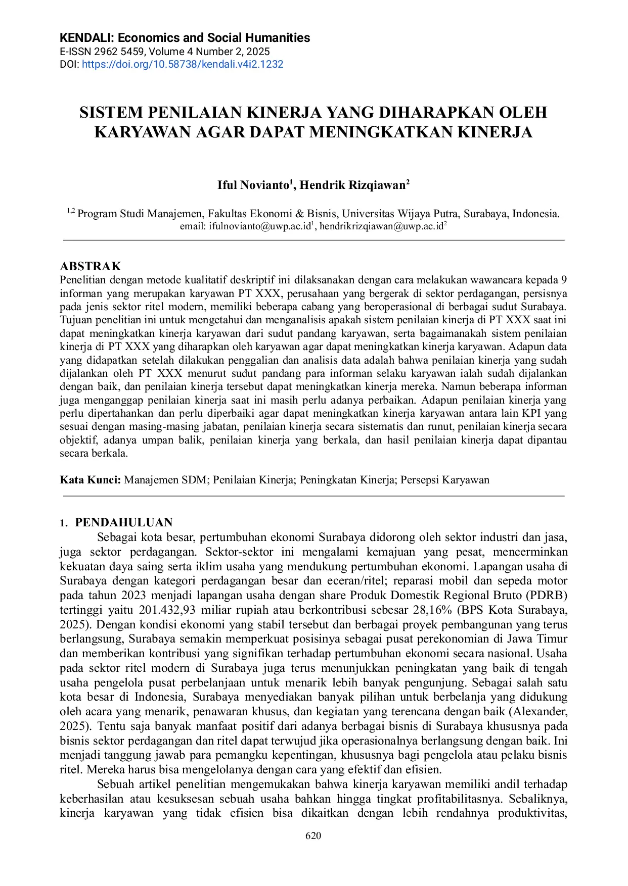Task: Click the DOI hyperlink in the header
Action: (183, 64)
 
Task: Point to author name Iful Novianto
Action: (253, 185)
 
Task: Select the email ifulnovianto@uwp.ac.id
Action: (260, 227)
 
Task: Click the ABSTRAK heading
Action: (91, 266)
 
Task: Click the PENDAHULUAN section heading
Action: (124, 522)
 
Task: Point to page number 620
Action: (313, 835)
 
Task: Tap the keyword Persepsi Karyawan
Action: (445, 480)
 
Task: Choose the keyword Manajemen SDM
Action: (165, 480)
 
